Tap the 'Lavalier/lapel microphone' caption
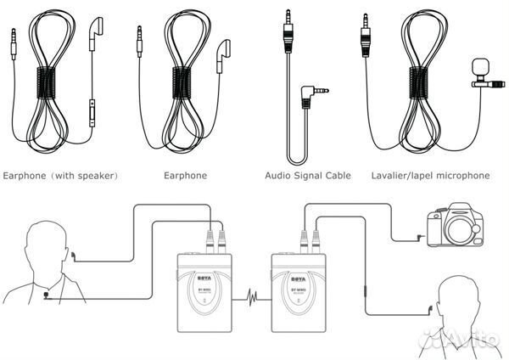pos(430,176)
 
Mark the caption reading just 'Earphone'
pos(185,176)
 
